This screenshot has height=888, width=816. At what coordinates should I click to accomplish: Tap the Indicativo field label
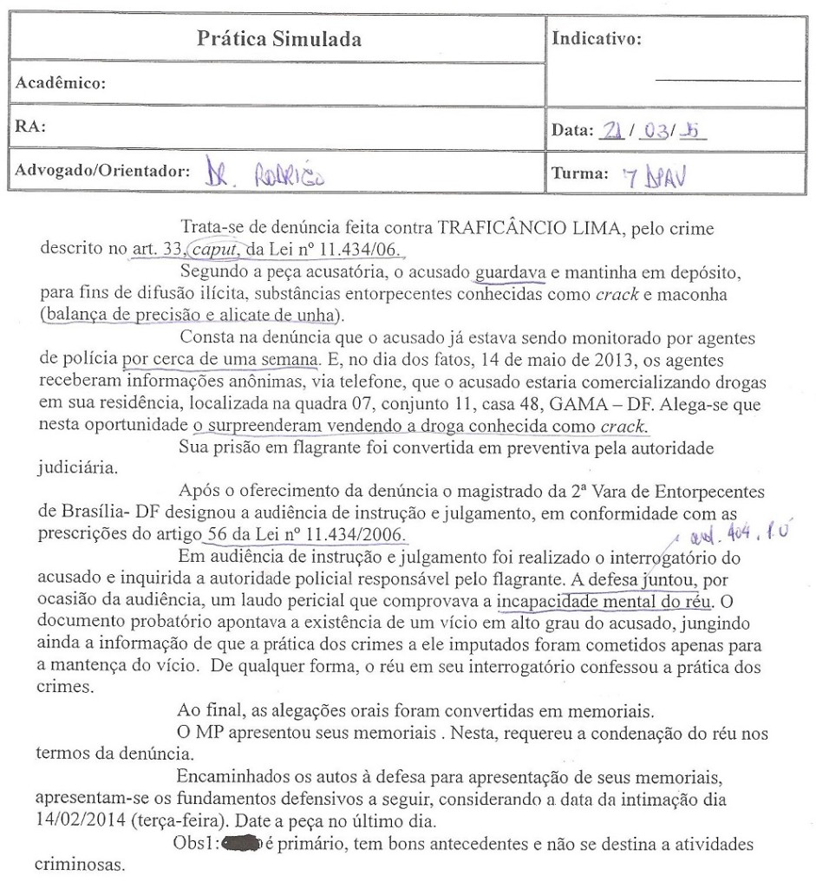[597, 40]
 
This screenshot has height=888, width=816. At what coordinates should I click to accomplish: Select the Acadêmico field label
[58, 85]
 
